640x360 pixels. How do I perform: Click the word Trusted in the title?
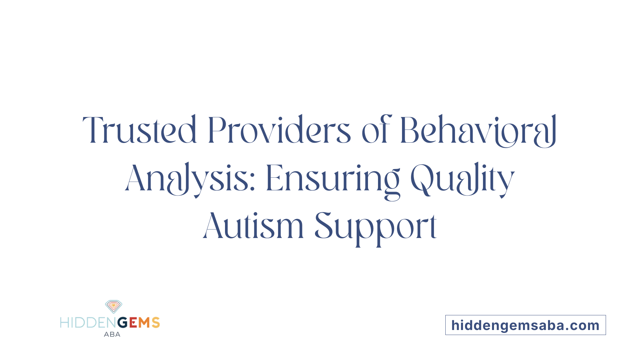pyautogui.click(x=140, y=130)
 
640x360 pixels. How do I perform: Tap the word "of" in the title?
pyautogui.click(x=376, y=130)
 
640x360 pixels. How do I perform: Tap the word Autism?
pyautogui.click(x=253, y=227)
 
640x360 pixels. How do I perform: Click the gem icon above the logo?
pyautogui.click(x=114, y=306)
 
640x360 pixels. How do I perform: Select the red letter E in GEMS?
pyautogui.click(x=133, y=323)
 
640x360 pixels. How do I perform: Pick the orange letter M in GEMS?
pyautogui.click(x=144, y=323)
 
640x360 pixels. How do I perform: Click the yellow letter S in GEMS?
pyautogui.click(x=156, y=323)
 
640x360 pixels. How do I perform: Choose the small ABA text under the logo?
pyautogui.click(x=112, y=334)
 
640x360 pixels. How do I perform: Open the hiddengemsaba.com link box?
pyautogui.click(x=525, y=325)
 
